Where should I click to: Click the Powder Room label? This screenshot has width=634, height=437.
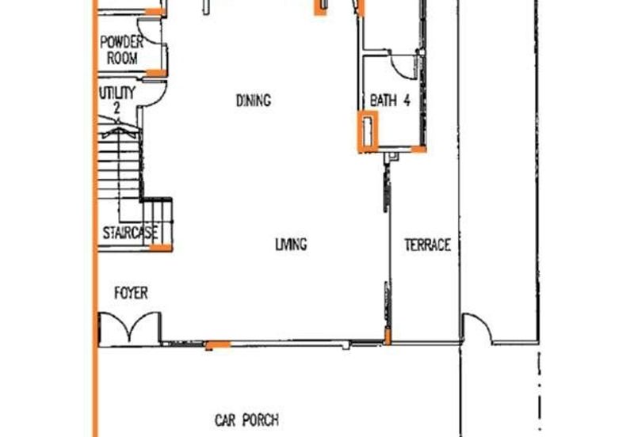[121, 50]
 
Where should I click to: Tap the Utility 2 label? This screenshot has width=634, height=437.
[116, 100]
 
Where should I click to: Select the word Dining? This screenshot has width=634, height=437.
[254, 101]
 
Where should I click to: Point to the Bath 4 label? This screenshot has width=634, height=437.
[390, 101]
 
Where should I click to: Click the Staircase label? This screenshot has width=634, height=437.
[130, 233]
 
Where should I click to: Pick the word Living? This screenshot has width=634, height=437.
[291, 244]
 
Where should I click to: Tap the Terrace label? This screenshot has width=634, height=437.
[427, 245]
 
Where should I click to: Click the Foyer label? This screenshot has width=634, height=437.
[131, 293]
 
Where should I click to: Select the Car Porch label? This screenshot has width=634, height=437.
[246, 420]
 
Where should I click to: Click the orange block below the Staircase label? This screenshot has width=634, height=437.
[161, 248]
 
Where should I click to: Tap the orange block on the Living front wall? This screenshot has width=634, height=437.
[218, 344]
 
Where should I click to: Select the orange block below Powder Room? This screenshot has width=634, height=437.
[155, 73]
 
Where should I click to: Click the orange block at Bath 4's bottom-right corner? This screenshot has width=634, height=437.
[418, 150]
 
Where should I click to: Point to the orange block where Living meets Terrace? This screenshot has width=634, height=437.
[388, 336]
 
